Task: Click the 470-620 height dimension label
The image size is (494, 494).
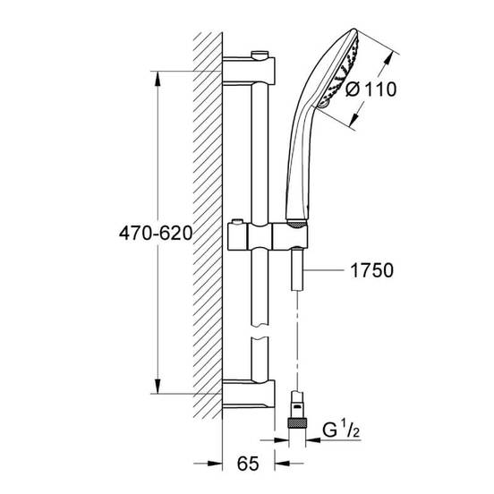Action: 156,234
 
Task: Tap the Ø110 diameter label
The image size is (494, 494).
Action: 370,89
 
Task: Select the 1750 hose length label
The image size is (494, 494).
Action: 371,270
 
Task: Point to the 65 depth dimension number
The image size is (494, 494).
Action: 248,464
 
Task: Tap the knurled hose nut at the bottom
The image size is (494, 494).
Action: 297,422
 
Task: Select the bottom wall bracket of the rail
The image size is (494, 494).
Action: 249,394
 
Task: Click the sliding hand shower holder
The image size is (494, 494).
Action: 268,236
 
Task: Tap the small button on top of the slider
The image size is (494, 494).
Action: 237,222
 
